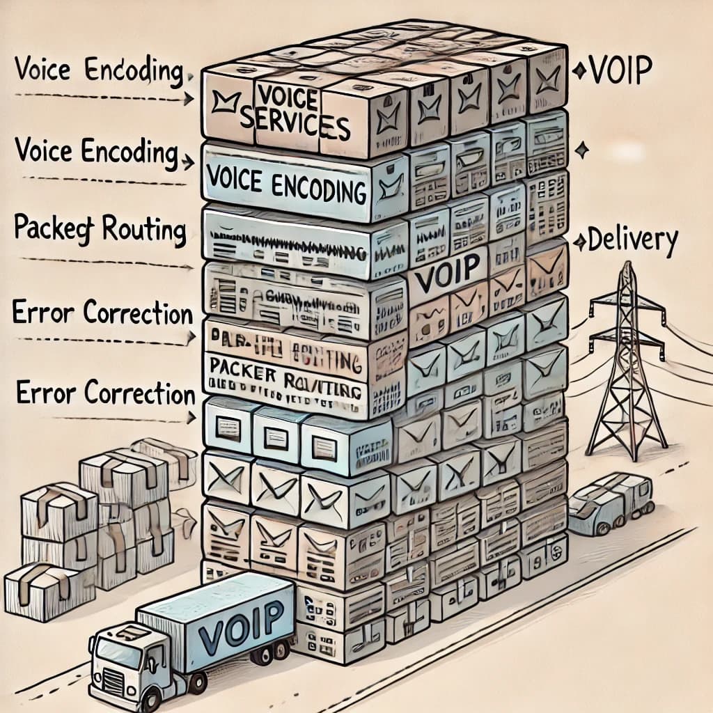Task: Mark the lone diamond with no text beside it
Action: click(582, 149)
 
